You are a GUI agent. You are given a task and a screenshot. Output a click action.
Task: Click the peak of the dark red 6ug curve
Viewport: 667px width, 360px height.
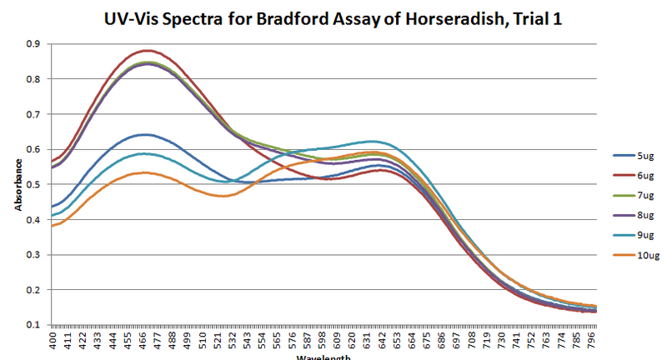coord(146,51)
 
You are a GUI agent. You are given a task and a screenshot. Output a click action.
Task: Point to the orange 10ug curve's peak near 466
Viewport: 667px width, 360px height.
coord(145,172)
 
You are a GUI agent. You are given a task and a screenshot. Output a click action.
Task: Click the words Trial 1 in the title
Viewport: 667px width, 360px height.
coord(533,17)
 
